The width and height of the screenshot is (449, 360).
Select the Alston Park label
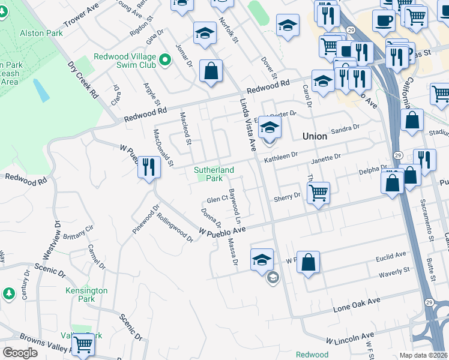point(41,34)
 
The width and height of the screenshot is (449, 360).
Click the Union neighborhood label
point(315,136)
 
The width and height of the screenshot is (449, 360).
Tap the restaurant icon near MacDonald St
point(149,167)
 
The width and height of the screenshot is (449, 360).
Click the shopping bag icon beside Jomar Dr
point(211,71)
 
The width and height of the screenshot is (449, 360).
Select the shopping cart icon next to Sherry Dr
point(318,193)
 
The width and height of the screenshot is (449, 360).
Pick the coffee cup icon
point(384,20)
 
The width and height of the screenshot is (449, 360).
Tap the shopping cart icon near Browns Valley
point(83,344)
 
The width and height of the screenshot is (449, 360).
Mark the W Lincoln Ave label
point(350,337)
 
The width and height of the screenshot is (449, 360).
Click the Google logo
point(20,353)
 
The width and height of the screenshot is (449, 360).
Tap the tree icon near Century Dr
point(8,293)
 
